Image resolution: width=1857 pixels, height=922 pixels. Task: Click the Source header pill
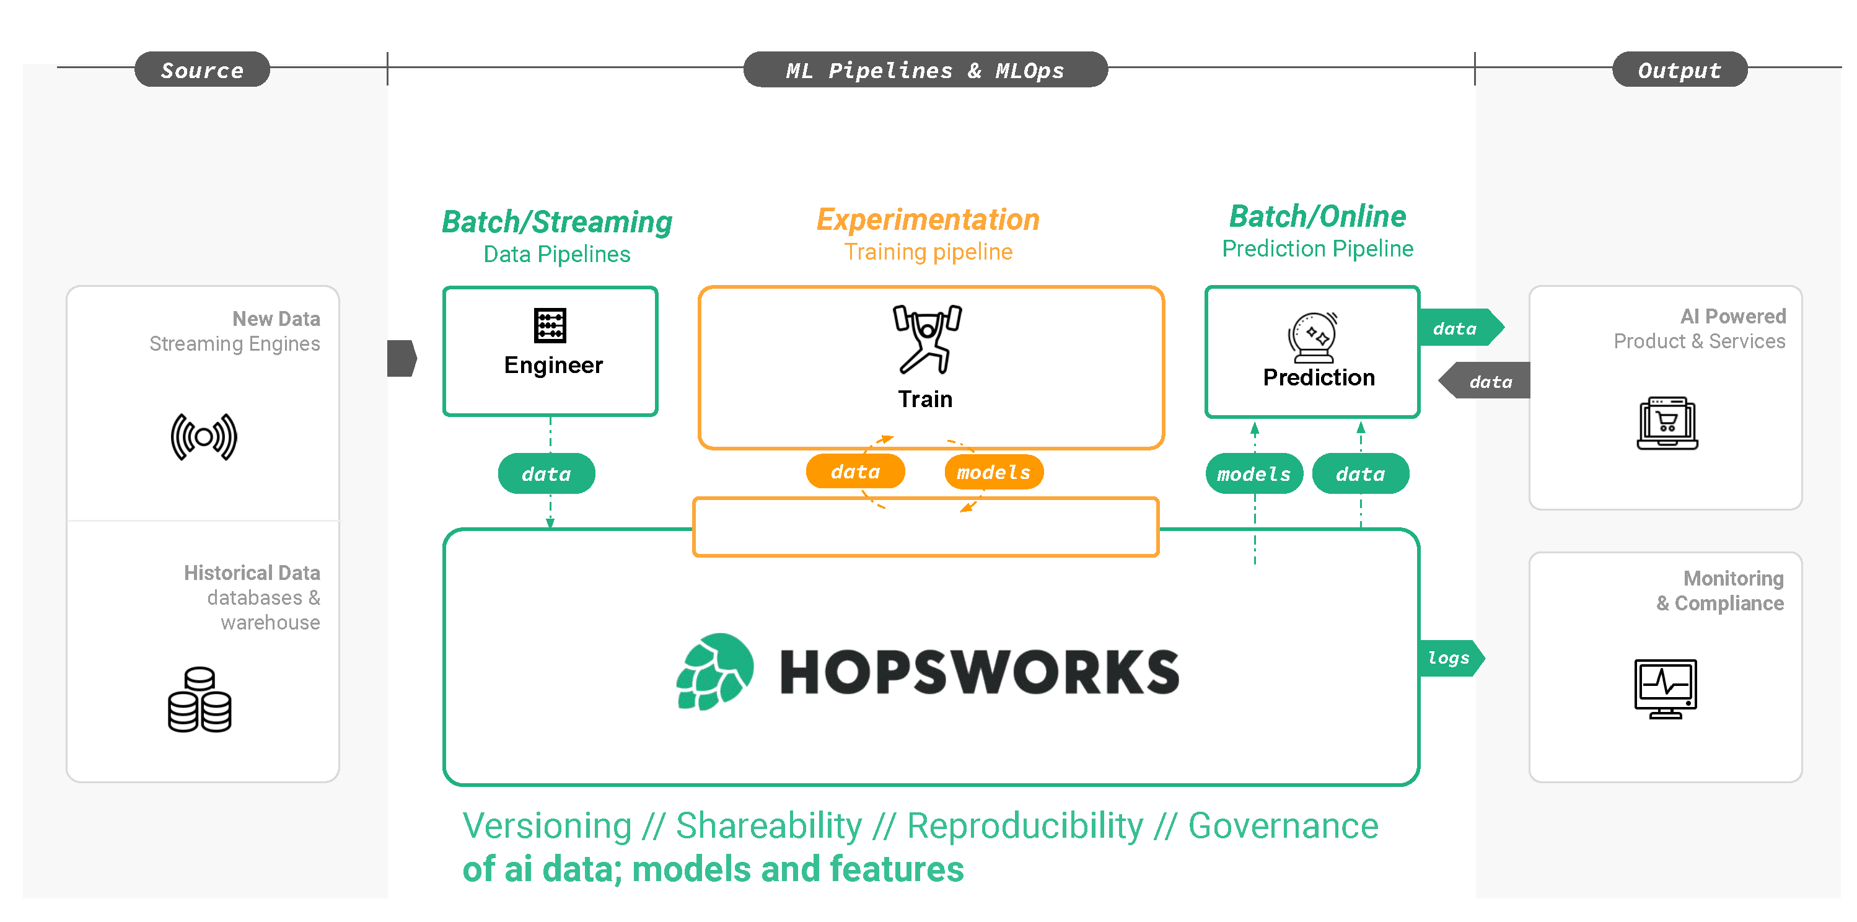point(202,70)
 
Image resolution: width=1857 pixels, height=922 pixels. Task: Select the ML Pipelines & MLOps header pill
point(925,70)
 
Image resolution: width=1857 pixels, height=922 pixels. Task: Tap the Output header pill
point(1679,70)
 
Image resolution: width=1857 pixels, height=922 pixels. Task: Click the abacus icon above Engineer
point(550,326)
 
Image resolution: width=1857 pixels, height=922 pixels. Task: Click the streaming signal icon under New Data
point(204,437)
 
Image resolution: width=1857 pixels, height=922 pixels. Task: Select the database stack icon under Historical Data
point(200,700)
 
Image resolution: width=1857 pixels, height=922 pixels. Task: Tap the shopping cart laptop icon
point(1667,423)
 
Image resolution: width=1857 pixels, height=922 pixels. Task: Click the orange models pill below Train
point(993,472)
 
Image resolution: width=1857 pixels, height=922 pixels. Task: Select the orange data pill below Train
point(855,472)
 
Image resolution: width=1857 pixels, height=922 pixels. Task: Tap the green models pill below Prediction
point(1253,473)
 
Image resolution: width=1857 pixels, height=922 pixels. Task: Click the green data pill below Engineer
point(547,473)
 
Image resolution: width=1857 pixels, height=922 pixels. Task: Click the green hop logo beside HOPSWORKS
point(714,671)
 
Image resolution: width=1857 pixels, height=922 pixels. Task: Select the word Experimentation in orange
point(928,220)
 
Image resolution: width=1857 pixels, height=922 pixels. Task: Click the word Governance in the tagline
point(1283,825)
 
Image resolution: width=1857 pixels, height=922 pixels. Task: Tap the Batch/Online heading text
point(1317,216)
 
